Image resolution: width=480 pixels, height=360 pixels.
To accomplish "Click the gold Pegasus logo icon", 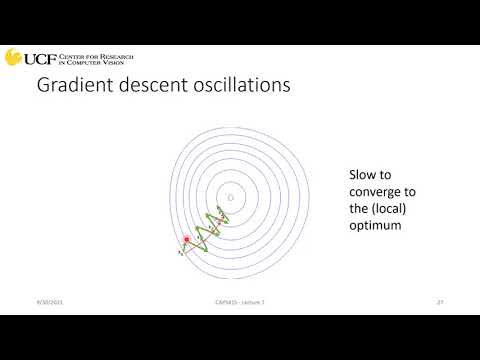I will point(13,56).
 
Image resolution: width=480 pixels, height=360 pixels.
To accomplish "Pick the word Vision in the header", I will point(120,62).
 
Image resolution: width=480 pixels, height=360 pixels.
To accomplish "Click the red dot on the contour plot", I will point(187,239).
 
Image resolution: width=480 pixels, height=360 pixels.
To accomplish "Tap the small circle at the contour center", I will point(230,198).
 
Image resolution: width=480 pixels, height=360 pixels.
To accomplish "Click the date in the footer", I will point(48,301).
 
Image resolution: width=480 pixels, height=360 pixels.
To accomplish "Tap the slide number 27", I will point(439,301).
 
